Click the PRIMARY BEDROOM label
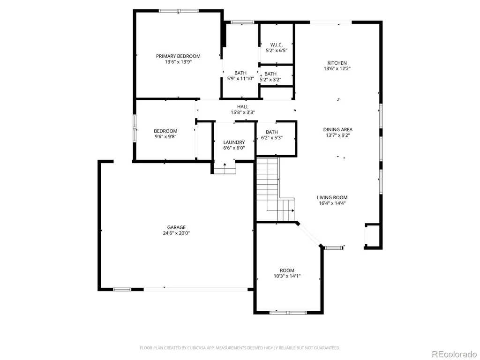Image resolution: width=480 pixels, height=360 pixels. pyautogui.click(x=178, y=56)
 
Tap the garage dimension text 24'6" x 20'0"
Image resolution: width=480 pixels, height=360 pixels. pyautogui.click(x=176, y=233)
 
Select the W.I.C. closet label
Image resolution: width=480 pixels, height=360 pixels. pyautogui.click(x=277, y=45)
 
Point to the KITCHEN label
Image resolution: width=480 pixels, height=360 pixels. pyautogui.click(x=337, y=63)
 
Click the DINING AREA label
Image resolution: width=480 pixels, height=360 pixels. pyautogui.click(x=337, y=129)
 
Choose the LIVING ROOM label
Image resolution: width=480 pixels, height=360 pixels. pyautogui.click(x=332, y=197)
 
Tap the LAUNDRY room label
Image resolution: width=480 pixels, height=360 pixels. pyautogui.click(x=234, y=142)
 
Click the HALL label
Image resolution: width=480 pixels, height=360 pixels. pyautogui.click(x=243, y=106)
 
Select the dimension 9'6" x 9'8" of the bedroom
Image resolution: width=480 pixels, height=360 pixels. pyautogui.click(x=165, y=136)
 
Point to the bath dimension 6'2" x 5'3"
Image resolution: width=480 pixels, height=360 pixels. pyautogui.click(x=272, y=138)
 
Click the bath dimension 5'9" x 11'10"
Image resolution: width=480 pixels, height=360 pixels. pyautogui.click(x=240, y=78)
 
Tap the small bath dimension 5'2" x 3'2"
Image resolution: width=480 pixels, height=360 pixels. pyautogui.click(x=270, y=80)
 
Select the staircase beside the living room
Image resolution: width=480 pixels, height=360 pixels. pyautogui.click(x=272, y=189)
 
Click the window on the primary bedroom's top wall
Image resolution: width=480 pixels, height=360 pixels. pyautogui.click(x=179, y=11)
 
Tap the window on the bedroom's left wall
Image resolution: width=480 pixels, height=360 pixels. pyautogui.click(x=134, y=128)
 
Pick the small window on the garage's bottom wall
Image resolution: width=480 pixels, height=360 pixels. pyautogui.click(x=122, y=289)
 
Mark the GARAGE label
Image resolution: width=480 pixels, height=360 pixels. pyautogui.click(x=176, y=227)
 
